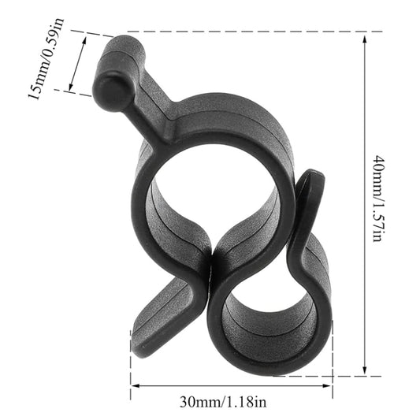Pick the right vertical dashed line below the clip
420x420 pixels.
click(x=333, y=362)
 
